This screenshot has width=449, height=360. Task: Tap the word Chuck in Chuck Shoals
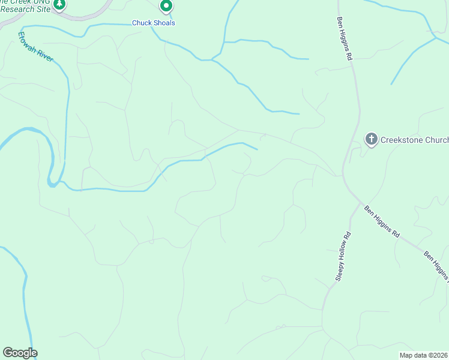click(x=142, y=23)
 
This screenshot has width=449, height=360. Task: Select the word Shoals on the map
click(x=164, y=23)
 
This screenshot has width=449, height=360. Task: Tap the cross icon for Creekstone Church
click(x=372, y=140)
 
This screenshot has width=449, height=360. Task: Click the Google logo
click(x=20, y=353)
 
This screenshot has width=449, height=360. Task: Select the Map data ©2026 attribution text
click(x=424, y=355)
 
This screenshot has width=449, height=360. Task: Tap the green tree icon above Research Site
click(x=59, y=5)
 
